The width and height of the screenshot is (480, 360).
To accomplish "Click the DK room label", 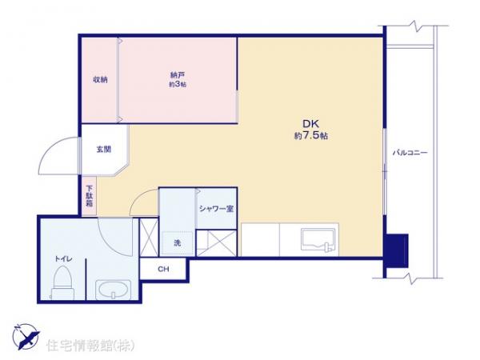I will [x=310, y=123].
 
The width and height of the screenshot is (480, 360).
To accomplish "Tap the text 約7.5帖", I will [x=310, y=136].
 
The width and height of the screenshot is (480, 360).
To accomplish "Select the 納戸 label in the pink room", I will [x=178, y=74].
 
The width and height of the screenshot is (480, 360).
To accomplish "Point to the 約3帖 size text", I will [x=178, y=85].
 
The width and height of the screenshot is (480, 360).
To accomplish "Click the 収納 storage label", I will [x=99, y=78].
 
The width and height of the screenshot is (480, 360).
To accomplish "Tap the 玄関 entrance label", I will [x=104, y=149].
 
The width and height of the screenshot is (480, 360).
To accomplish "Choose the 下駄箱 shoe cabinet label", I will [x=90, y=198].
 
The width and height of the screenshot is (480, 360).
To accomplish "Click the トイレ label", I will [x=63, y=258].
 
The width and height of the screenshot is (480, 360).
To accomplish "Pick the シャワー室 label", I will [x=215, y=209].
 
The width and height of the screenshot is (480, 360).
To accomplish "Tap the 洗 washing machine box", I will [x=176, y=242].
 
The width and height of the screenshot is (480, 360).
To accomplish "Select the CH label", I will [x=162, y=269].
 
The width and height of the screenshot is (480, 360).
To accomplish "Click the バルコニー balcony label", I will [x=410, y=151].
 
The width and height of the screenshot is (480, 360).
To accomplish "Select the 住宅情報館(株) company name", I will [x=90, y=346].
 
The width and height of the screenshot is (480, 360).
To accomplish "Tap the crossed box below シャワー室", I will [x=215, y=241].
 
